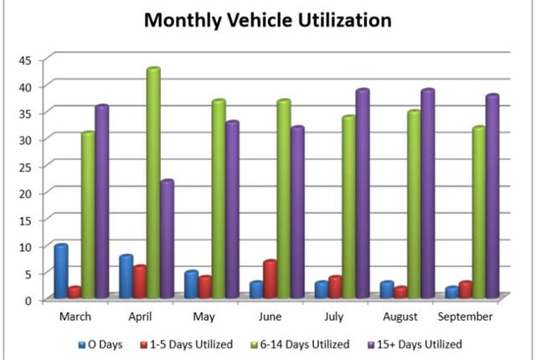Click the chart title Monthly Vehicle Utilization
(x=268, y=19)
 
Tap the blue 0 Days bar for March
(x=60, y=271)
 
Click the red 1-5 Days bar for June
(x=269, y=280)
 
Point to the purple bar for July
(x=362, y=193)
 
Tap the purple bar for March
(x=101, y=201)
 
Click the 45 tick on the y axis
(x=25, y=59)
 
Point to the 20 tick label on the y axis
(x=25, y=193)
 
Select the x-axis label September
(x=465, y=317)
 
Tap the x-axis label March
(x=75, y=317)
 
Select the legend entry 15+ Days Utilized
(x=418, y=343)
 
